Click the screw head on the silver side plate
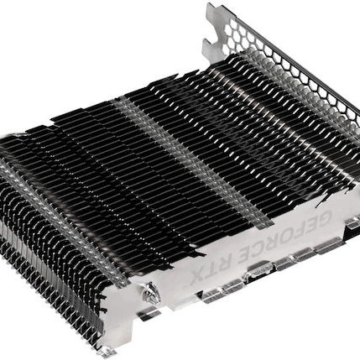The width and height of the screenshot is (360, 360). click(152, 293)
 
